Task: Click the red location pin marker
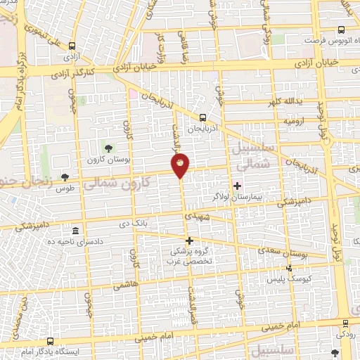point(181,165)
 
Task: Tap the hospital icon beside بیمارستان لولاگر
point(236,186)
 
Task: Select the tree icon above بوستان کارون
point(108,147)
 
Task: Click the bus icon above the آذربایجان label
point(202,117)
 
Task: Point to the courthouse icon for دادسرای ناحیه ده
point(75,231)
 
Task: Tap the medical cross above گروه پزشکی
point(189,240)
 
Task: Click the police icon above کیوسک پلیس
point(289,268)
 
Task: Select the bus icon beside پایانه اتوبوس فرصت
point(341,30)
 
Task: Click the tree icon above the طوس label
point(65,177)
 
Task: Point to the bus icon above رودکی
point(345,323)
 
